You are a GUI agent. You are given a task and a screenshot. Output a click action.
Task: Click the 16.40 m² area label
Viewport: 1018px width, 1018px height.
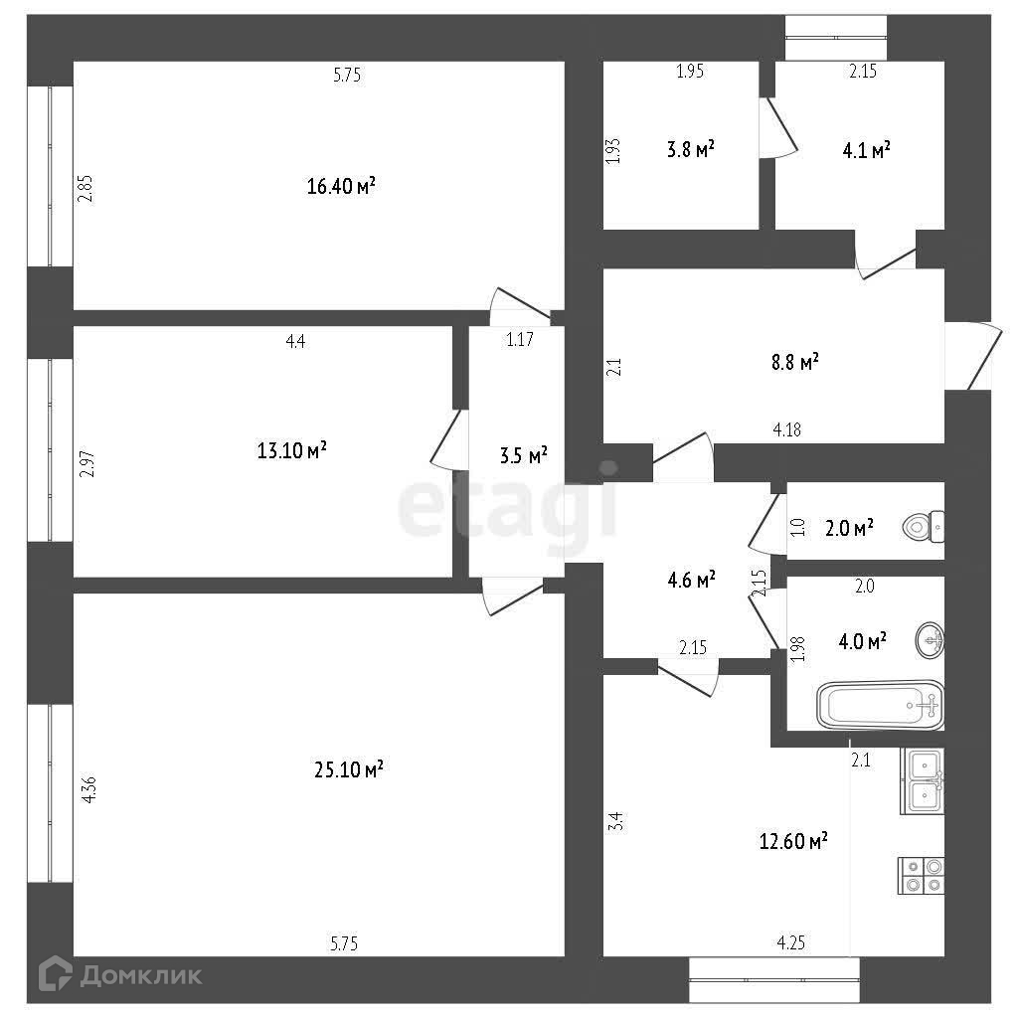[x=341, y=186]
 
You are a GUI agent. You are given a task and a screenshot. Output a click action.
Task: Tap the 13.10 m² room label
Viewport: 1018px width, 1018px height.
[x=292, y=451]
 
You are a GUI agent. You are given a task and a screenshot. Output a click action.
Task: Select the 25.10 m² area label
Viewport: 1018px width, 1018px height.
[x=346, y=769]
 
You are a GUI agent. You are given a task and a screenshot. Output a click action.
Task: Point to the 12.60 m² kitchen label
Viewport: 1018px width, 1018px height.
[x=791, y=842]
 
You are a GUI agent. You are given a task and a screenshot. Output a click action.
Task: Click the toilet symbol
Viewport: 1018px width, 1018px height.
[x=925, y=525]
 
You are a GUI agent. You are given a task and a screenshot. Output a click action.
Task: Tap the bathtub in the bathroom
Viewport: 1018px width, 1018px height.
[x=879, y=705]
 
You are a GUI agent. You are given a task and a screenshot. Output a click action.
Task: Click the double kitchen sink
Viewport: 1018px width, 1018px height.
[x=923, y=781]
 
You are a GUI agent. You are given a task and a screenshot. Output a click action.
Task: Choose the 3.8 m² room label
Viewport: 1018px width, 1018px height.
[x=691, y=150]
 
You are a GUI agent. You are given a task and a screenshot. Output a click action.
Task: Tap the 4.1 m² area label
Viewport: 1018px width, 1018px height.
[x=865, y=151]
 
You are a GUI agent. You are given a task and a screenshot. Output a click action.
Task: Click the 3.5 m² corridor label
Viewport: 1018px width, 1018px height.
[x=523, y=456]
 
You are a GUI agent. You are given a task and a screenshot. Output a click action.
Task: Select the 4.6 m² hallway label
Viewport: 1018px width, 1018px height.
[x=692, y=580]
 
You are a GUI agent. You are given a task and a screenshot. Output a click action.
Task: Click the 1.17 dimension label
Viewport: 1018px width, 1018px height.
[x=520, y=340]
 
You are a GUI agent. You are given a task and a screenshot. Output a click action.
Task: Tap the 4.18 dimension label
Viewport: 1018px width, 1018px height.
[x=787, y=430]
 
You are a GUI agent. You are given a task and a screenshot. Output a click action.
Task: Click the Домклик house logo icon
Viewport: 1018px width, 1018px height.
[x=55, y=973]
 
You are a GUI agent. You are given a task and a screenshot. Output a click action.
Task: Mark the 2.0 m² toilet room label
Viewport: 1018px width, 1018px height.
[x=849, y=527]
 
